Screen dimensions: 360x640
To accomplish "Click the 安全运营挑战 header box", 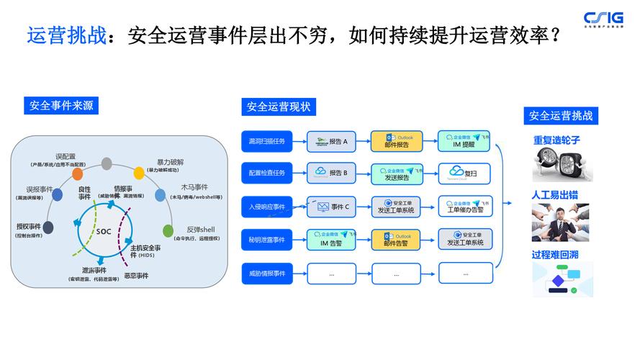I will (x=561, y=115).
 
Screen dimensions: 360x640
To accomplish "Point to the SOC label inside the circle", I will (x=104, y=232).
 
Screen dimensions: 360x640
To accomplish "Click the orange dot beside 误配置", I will (x=78, y=174).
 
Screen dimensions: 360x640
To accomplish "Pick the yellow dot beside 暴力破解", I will (x=139, y=173).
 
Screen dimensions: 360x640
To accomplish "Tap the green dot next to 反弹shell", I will (x=168, y=231).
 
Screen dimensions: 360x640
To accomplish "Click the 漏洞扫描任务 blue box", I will (x=266, y=141).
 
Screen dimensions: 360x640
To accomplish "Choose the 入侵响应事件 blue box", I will (x=266, y=207).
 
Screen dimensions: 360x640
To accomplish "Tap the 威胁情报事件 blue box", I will (x=266, y=274).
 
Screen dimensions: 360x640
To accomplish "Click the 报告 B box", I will (x=332, y=174).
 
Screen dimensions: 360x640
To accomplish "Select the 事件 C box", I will (x=332, y=207).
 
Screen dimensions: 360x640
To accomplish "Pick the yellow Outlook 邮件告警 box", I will (x=397, y=240).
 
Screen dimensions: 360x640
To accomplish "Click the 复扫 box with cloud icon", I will (x=465, y=174).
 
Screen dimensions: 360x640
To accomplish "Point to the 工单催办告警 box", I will (x=465, y=207).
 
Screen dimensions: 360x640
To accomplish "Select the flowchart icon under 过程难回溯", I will (x=561, y=279).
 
